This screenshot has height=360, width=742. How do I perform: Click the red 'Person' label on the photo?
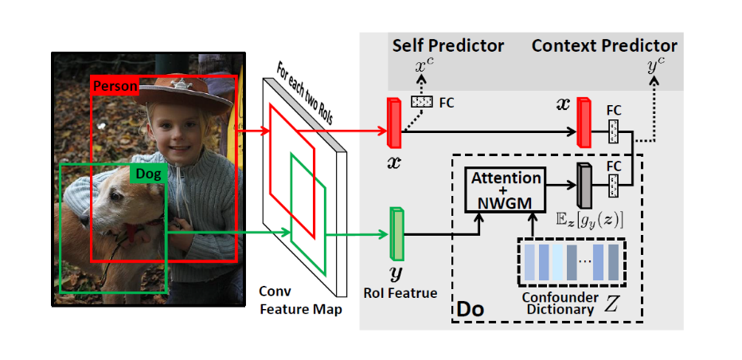click(x=115, y=85)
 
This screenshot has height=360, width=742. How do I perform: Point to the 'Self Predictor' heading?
click(x=447, y=45)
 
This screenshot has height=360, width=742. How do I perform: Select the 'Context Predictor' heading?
click(x=604, y=45)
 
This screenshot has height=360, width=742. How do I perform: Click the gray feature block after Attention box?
click(x=584, y=186)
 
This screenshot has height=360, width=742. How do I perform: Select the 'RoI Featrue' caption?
click(x=401, y=293)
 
